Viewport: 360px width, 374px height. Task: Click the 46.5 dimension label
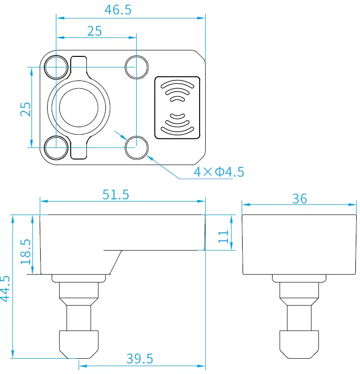(117, 10)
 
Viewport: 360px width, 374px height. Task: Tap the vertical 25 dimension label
(26, 109)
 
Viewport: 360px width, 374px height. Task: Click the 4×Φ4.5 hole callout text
(219, 172)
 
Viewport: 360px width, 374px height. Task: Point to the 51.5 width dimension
(116, 195)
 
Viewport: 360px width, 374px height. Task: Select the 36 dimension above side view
(299, 198)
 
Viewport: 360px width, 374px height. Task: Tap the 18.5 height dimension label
(26, 251)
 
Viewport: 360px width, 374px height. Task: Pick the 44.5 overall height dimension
(5, 288)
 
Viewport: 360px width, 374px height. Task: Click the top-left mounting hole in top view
(55, 66)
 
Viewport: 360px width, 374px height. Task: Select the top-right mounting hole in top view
(136, 66)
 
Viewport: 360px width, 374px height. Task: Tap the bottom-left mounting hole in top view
(55, 147)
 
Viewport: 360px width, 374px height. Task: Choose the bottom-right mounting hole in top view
(136, 147)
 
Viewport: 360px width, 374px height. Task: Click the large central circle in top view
(79, 107)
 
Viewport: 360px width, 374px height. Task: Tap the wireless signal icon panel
(177, 107)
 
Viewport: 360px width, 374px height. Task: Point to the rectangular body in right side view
(299, 244)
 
